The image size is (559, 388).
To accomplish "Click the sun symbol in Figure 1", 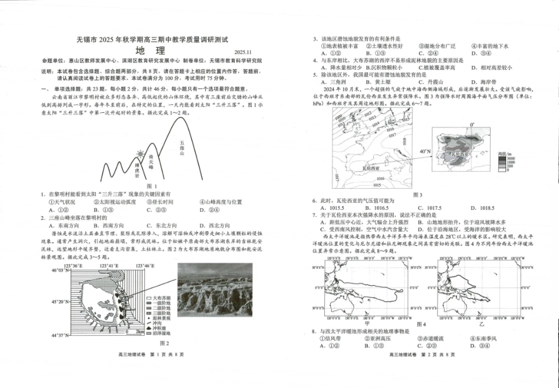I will click(140, 155).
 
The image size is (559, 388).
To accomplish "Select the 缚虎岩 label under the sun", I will click(137, 170).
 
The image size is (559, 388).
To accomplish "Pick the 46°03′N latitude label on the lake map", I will click(59, 270).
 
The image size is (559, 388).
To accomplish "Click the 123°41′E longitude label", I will click(109, 266).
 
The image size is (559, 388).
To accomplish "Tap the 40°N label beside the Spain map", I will click(425, 152).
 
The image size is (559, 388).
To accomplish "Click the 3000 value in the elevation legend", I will click(511, 159).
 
